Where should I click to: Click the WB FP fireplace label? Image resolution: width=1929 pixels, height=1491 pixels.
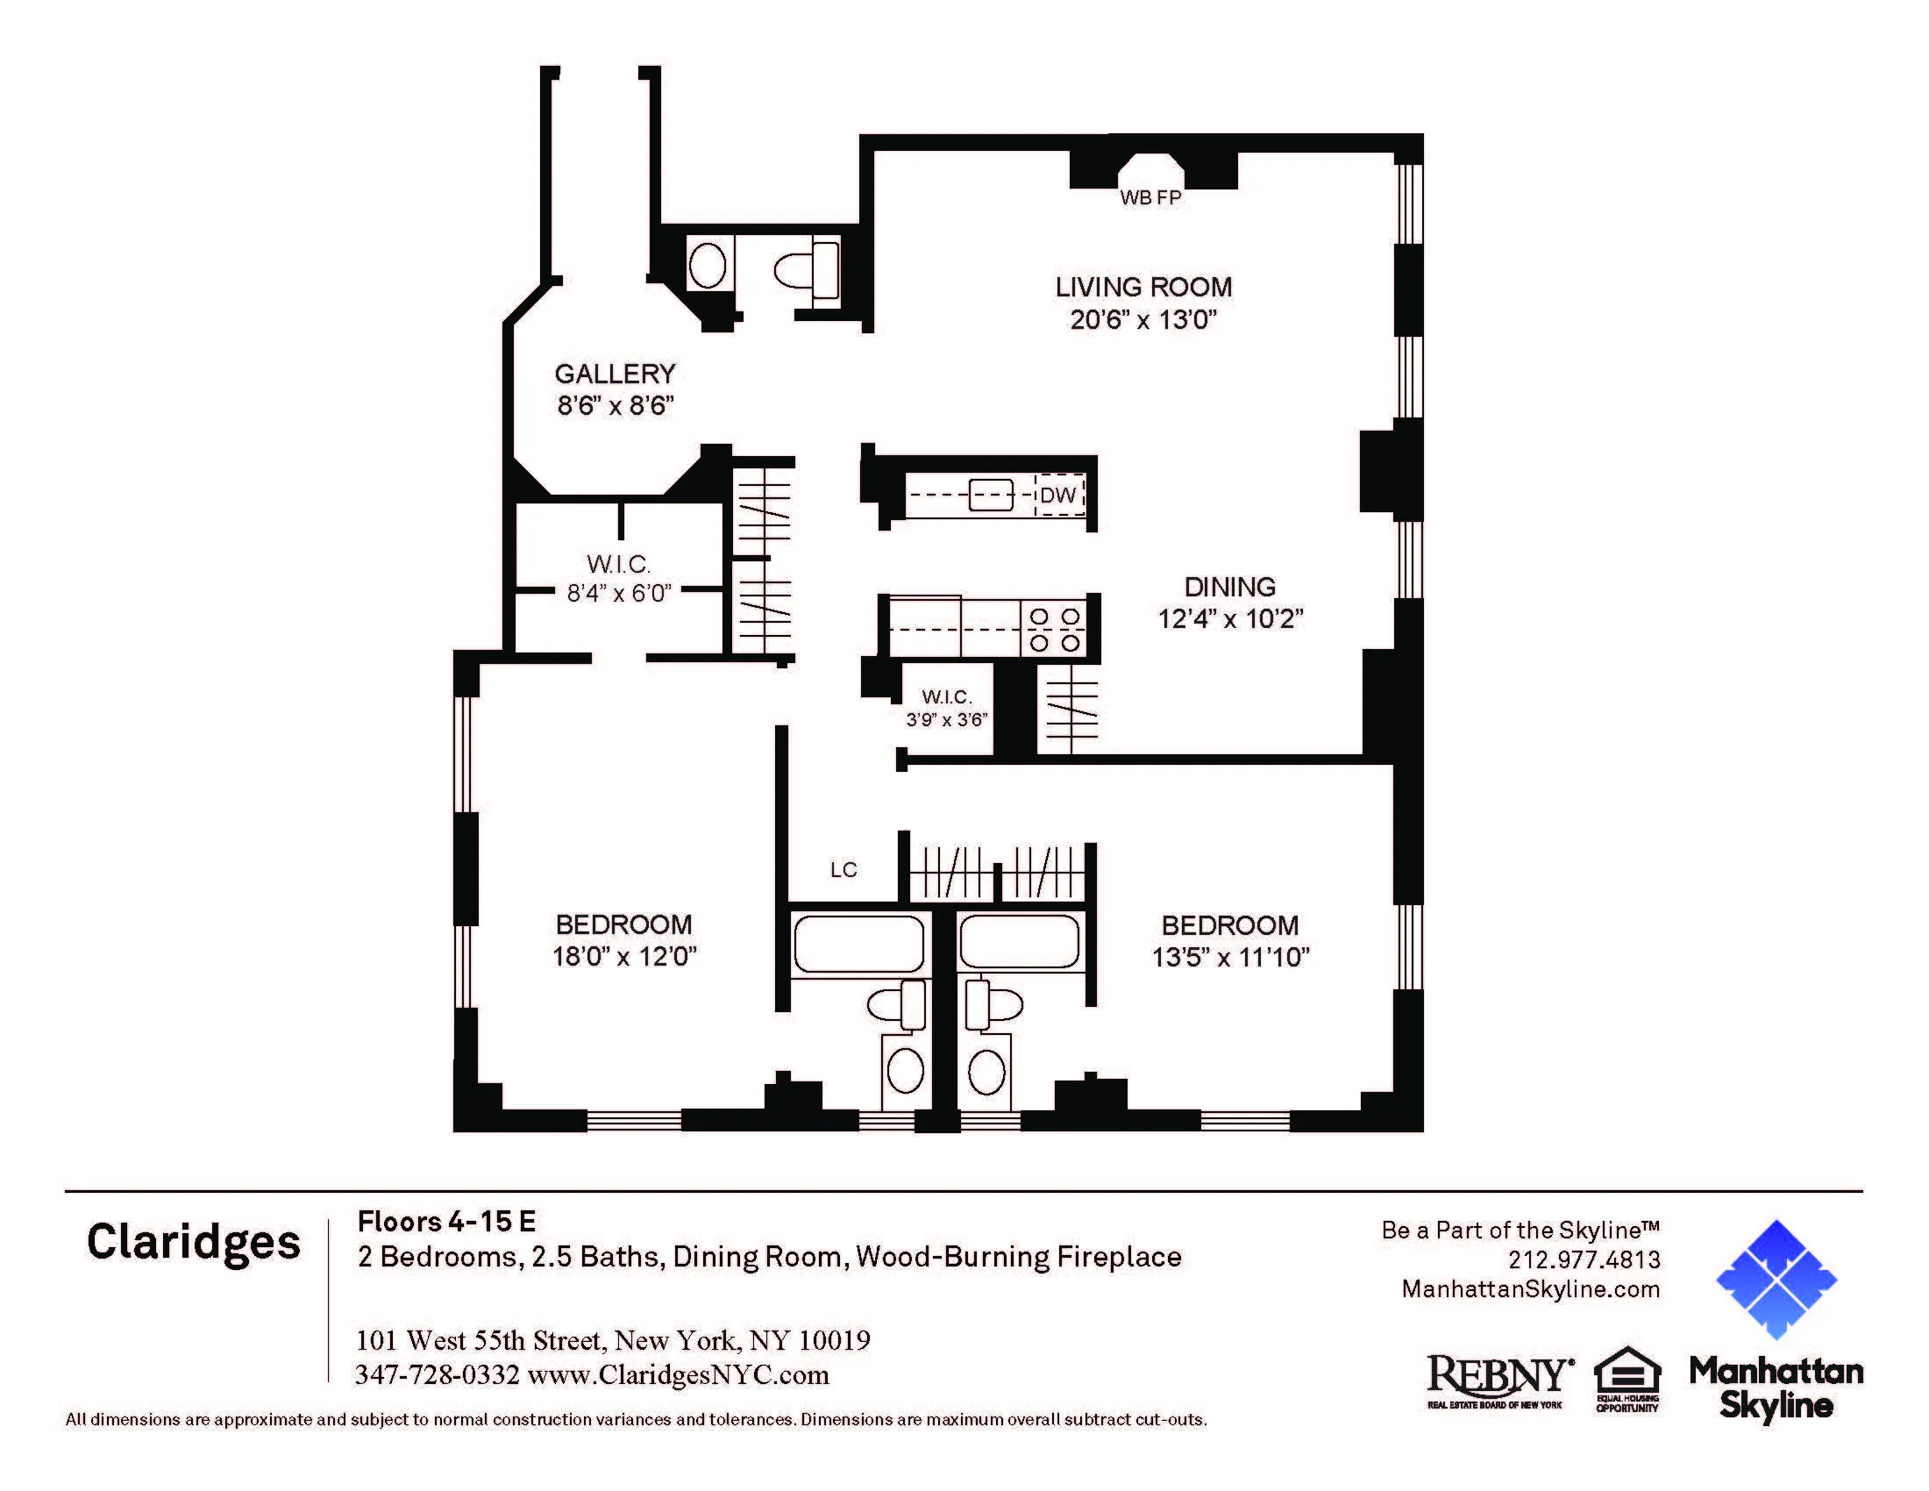[1150, 198]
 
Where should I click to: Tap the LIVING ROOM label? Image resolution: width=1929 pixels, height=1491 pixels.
[1142, 287]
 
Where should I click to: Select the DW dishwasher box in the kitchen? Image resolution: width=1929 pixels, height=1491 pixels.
[1058, 495]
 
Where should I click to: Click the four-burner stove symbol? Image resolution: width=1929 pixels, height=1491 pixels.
[1055, 630]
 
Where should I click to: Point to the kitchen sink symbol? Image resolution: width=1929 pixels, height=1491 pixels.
[990, 495]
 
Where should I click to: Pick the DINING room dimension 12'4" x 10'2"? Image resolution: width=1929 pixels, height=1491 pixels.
[1230, 618]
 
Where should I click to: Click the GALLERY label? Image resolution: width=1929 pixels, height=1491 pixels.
[615, 374]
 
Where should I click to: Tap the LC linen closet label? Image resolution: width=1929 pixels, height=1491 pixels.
[843, 870]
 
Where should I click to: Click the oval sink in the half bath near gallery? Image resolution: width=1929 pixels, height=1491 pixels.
[707, 265]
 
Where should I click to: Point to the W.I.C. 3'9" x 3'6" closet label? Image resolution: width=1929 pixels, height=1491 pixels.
[946, 709]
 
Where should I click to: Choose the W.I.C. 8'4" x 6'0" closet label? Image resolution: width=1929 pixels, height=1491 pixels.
[618, 579]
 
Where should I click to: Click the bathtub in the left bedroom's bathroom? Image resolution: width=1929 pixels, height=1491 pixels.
[858, 945]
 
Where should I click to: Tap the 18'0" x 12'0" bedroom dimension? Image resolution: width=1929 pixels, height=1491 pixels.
[623, 957]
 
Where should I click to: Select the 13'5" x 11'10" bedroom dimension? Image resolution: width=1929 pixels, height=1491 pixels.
[1229, 958]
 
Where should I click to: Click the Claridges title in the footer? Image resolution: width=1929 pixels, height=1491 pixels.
[194, 1243]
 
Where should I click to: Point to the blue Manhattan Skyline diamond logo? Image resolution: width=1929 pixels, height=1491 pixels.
[1776, 1279]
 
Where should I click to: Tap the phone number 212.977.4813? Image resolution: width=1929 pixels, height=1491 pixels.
[1584, 1259]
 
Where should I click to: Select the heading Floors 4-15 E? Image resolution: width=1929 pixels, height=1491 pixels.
[446, 1222]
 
